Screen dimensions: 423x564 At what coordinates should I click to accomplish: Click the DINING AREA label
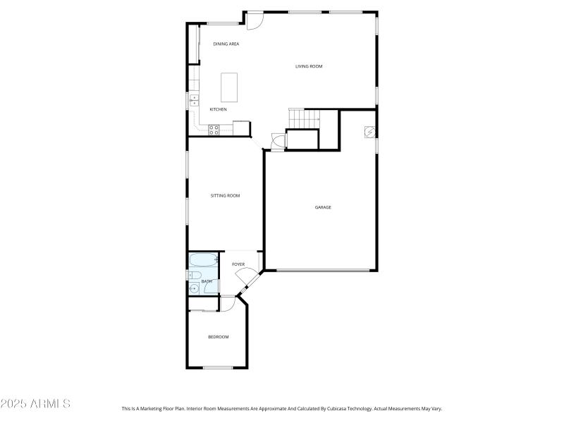[226, 44]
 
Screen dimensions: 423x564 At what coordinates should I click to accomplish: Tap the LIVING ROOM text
[309, 66]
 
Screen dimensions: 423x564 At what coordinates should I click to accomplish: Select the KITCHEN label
[218, 109]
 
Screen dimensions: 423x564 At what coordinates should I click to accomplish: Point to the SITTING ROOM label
[225, 195]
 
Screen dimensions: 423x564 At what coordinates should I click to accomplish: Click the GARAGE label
[323, 207]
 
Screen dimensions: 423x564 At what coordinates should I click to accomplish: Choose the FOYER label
[238, 264]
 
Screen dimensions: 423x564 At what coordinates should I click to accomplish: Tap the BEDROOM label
[218, 337]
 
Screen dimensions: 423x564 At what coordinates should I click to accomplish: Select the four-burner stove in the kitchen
[214, 129]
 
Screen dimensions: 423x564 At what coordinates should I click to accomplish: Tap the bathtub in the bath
[204, 260]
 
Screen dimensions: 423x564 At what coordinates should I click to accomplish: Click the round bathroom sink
[192, 288]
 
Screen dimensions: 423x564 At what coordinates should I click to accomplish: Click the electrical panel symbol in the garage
[369, 131]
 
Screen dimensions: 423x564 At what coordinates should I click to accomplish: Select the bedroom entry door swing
[228, 303]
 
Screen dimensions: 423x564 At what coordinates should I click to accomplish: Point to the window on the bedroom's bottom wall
[218, 367]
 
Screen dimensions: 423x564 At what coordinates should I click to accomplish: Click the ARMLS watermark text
[35, 404]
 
